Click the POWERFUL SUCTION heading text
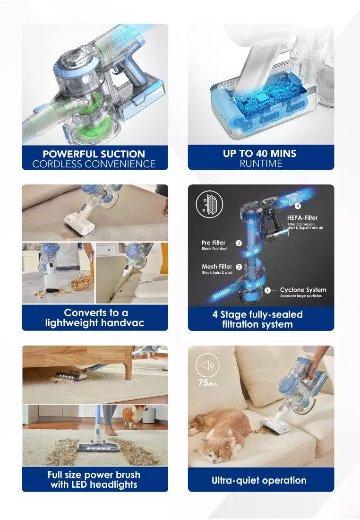[x=94, y=154]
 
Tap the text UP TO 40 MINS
[x=260, y=154]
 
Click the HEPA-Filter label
[x=302, y=218]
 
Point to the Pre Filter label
[x=214, y=243]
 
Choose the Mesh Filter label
[x=217, y=267]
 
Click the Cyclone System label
[x=303, y=290]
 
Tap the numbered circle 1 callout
[x=268, y=290]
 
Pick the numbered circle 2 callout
[x=239, y=267]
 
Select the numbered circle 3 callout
[x=239, y=243]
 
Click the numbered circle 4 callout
[x=298, y=206]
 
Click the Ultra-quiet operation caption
[x=259, y=480]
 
